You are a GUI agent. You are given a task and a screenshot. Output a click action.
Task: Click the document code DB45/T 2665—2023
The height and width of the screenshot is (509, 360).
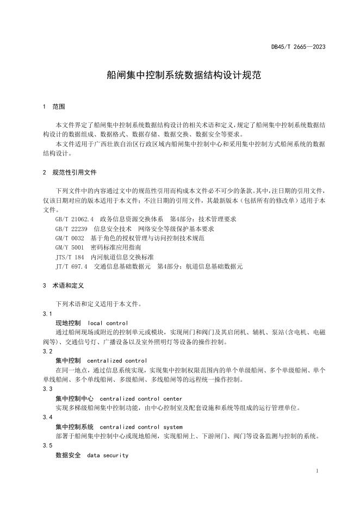(x=298, y=47)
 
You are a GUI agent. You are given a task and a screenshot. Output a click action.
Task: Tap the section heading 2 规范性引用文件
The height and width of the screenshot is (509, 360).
(x=69, y=172)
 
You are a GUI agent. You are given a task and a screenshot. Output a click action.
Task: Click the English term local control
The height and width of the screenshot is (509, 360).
(x=108, y=323)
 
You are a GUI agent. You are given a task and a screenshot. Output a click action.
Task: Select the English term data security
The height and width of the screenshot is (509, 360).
(x=108, y=455)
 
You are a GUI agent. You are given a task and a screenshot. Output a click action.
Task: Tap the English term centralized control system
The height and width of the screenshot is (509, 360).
(x=141, y=427)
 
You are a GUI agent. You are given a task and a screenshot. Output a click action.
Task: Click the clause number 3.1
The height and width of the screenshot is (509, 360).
(x=47, y=314)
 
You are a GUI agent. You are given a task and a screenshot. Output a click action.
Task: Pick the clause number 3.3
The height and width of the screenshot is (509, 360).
(x=47, y=389)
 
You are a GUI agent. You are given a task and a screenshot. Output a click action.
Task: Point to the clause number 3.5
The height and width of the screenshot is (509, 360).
(x=47, y=446)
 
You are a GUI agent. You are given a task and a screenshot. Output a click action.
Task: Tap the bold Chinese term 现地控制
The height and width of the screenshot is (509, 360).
(x=68, y=323)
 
